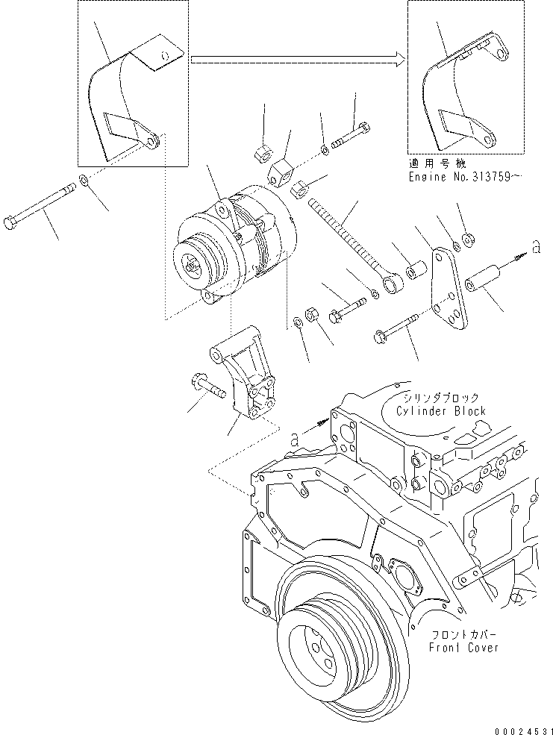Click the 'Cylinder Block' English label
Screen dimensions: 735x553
440,411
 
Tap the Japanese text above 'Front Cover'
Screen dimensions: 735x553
458,635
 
